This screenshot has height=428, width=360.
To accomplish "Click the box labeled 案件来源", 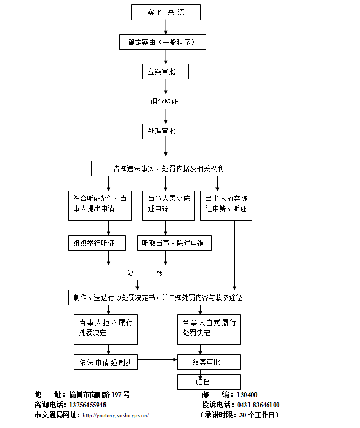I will tap(166, 12).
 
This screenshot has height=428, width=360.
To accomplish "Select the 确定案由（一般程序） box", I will tap(163, 42).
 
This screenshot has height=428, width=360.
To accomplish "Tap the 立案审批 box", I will tap(165, 71).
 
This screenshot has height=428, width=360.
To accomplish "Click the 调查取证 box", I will tap(166, 101).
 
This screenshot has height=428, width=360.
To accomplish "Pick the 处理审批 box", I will tap(163, 131).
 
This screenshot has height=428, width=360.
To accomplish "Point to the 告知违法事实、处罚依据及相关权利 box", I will tap(169, 168).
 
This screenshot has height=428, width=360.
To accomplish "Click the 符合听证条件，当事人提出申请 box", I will tap(100, 205).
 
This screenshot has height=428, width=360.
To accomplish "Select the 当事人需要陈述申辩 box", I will tap(169, 205).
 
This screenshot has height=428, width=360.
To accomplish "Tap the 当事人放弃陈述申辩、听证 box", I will tap(226, 205).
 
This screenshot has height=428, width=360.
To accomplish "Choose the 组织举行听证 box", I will tap(97, 243).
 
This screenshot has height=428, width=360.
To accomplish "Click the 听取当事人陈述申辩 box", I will tap(174, 243).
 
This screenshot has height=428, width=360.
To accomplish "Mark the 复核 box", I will tap(140, 273).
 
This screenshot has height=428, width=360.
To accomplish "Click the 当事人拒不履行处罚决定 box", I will tap(106, 329).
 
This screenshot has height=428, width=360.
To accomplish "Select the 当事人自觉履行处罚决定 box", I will tap(209, 329).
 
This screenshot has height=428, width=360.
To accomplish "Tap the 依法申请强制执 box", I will tap(106, 362).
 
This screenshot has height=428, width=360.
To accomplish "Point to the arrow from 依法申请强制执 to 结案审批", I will tap(157, 360).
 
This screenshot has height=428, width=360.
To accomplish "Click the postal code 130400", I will tap(247, 395).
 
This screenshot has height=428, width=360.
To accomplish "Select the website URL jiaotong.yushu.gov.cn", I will tap(116, 415).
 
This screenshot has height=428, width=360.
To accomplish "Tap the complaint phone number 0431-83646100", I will tap(259, 405).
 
